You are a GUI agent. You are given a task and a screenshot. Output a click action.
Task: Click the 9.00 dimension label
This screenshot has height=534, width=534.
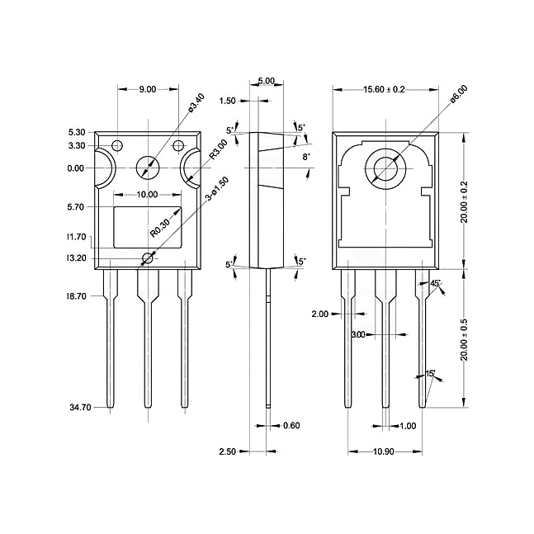pyautogui.click(x=148, y=89)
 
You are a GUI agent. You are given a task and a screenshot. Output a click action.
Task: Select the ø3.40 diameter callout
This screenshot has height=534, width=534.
pyautogui.click(x=196, y=103)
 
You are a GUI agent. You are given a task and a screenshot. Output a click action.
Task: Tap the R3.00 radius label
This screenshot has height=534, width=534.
pyautogui.click(x=218, y=149)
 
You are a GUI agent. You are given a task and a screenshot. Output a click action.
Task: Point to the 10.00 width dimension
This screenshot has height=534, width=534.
pyautogui.click(x=147, y=195)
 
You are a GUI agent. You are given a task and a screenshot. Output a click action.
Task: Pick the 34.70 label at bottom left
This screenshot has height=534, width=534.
pyautogui.click(x=80, y=408)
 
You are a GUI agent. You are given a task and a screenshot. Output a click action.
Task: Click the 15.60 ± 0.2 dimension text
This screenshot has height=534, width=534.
pyautogui.click(x=384, y=89)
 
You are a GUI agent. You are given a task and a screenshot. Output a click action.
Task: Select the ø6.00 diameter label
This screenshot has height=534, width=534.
pyautogui.click(x=458, y=93)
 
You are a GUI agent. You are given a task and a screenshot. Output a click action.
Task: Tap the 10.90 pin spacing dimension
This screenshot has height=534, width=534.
pyautogui.click(x=384, y=451)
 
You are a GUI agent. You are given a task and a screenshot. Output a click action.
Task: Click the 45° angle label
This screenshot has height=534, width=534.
pyautogui.click(x=435, y=283)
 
